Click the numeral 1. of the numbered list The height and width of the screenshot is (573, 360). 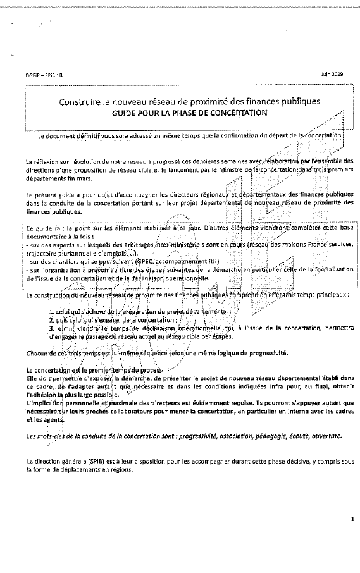[50, 312]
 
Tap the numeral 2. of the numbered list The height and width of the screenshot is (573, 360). [51, 320]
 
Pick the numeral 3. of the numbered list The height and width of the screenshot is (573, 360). [51, 328]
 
